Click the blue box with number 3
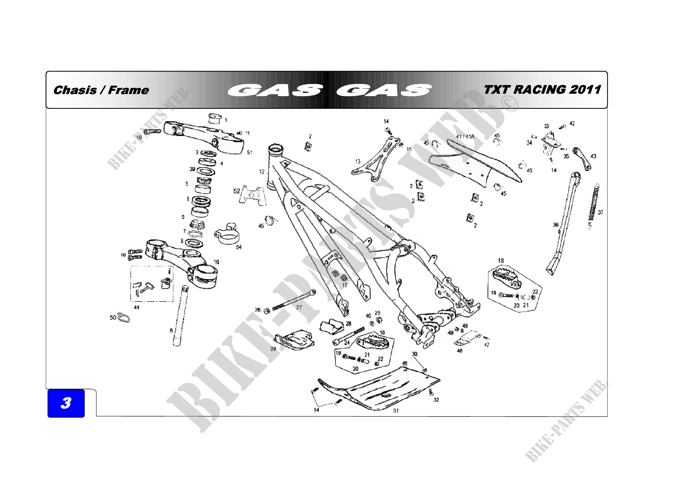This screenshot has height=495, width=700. coord(66,403)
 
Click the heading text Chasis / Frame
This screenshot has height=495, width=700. coord(101,90)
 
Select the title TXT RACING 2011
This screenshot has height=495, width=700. coord(542,90)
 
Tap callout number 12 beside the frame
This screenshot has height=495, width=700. coord(262,172)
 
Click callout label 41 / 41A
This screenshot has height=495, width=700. coord(465,137)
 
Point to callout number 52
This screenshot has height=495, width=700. coord(237,191)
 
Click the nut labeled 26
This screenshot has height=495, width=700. coord(266,311)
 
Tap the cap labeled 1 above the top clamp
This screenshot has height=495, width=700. coord(215,118)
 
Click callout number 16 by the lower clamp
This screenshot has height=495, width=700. coord(216,262)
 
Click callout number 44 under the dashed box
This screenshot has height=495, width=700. coord(136,308)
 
